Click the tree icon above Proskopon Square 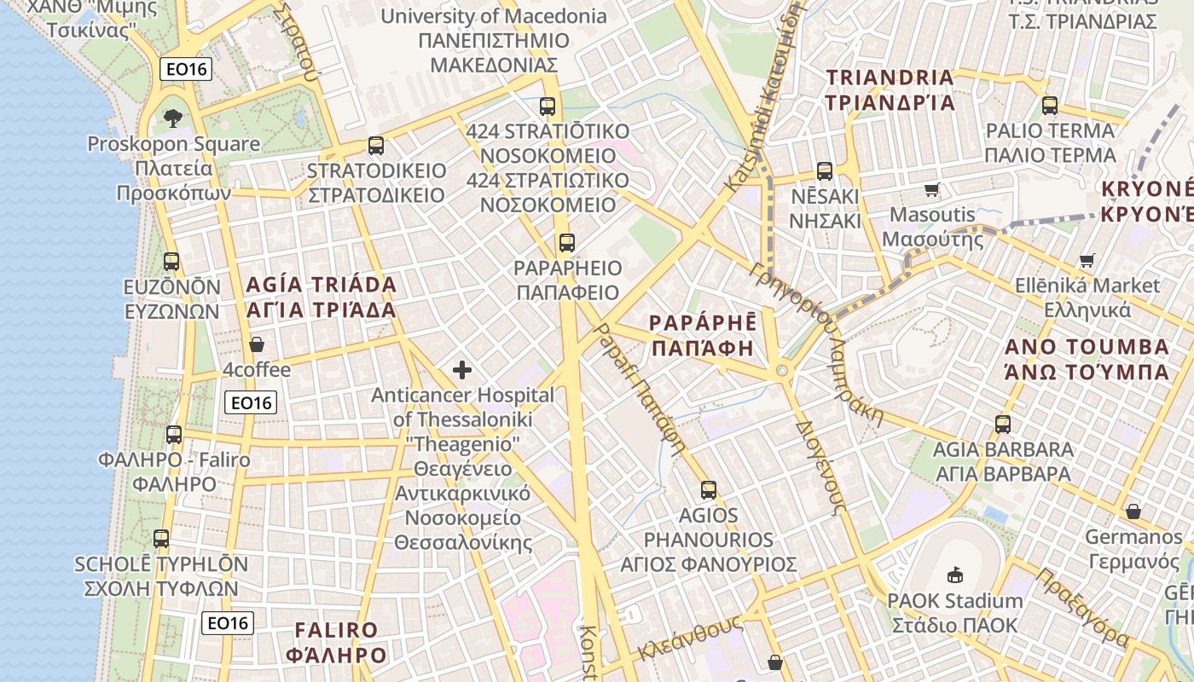click(x=173, y=118)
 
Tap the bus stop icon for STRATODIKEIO click(x=376, y=145)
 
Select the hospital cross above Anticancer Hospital click(x=462, y=370)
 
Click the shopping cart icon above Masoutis click(x=931, y=189)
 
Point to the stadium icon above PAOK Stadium click(x=954, y=575)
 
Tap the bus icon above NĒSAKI click(x=824, y=170)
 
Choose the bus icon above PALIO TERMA click(x=1050, y=106)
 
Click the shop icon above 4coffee click(x=257, y=344)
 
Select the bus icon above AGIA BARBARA click(x=1003, y=424)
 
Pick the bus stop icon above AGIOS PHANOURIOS click(x=709, y=490)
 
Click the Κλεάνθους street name click(x=690, y=639)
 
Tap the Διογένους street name click(x=820, y=465)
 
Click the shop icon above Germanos click(x=1133, y=511)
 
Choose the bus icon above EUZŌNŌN click(x=171, y=262)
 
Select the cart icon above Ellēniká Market click(x=1087, y=260)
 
